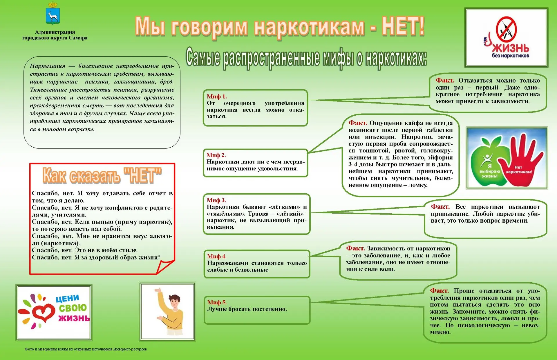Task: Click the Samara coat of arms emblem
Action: point(53,14)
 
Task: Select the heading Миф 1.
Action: point(217,96)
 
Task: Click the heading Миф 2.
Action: point(216,155)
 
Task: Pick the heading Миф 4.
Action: point(217,256)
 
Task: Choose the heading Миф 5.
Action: point(217,302)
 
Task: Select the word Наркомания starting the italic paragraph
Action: point(48,66)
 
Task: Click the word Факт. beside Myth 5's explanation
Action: point(439,290)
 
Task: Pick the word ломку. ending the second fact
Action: point(418,185)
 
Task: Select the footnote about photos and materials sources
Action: point(86,349)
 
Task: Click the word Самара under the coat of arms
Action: point(78,38)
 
